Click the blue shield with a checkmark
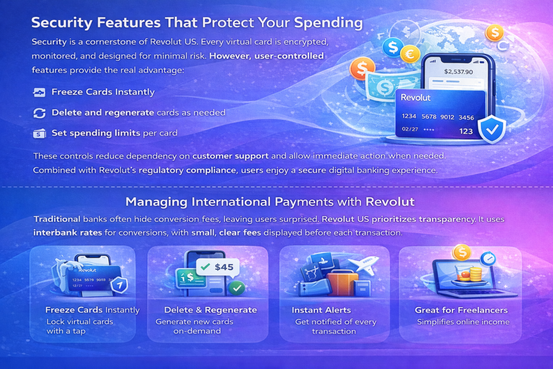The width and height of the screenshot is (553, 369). pos(492,130)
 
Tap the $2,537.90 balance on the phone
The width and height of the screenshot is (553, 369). pos(458,72)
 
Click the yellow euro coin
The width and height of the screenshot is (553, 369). pos(410,54)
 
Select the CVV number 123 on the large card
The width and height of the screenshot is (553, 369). pos(466,131)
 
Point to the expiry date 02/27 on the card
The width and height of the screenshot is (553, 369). pos(410,129)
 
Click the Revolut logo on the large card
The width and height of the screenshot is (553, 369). pos(415,98)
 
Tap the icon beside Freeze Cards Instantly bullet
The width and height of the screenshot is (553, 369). pos(39,92)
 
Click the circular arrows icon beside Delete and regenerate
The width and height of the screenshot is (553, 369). pos(39,113)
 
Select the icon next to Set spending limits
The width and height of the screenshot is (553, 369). pos(39,133)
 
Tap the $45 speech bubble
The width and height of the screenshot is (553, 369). pos(218,267)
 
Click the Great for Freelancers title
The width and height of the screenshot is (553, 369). pos(461,310)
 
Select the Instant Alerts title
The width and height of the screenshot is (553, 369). pos(321,310)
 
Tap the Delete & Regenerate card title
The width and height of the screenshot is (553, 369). pos(211,310)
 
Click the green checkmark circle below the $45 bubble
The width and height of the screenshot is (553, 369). pos(237,288)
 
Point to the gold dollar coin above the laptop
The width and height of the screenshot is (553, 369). pos(462,252)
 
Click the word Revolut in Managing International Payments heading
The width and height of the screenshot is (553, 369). pos(390,202)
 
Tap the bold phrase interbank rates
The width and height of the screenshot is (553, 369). pos(68,233)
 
